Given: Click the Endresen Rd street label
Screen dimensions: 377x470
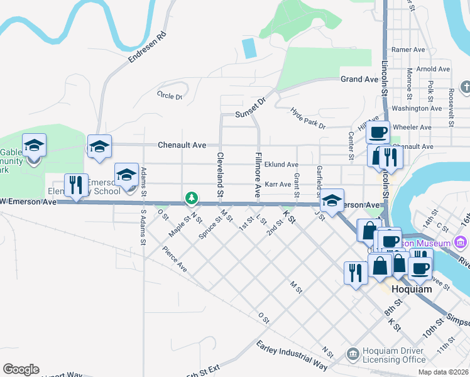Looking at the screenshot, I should (148, 47).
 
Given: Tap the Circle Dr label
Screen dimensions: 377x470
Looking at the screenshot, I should (169, 96).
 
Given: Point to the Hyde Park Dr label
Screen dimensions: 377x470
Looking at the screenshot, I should (308, 118).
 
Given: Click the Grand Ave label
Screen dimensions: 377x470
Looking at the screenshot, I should (359, 79).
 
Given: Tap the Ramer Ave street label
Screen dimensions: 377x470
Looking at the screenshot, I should (408, 50).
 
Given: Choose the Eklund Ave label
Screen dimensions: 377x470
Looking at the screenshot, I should (281, 165).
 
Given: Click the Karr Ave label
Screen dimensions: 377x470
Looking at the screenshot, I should (278, 185).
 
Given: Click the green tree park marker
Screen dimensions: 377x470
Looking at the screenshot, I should (191, 199).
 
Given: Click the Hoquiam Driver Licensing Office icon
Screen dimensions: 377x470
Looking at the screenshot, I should (353, 355).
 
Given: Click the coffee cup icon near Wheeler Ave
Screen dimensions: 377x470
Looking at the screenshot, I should (378, 132).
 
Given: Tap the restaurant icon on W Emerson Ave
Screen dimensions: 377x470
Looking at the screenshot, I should (76, 185).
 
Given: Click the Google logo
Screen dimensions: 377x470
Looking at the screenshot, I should (21, 369).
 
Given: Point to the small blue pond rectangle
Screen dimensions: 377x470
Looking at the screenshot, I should (249, 48).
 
